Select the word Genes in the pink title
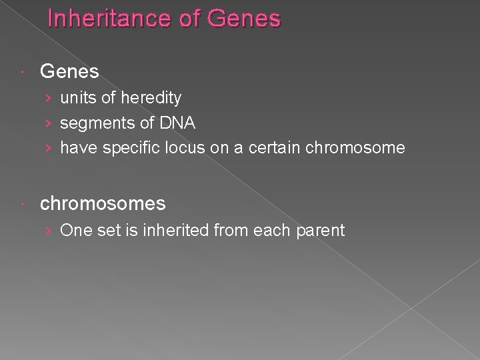pos(244,18)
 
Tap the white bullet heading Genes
pos(69,71)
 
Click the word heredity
pos(151,98)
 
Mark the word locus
pos(185,147)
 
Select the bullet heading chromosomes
pos(103,203)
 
